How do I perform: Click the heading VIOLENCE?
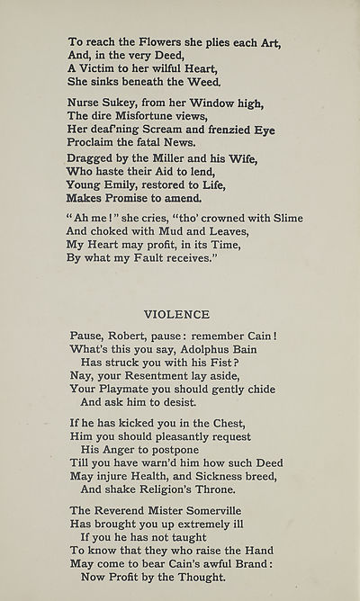[176, 314]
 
